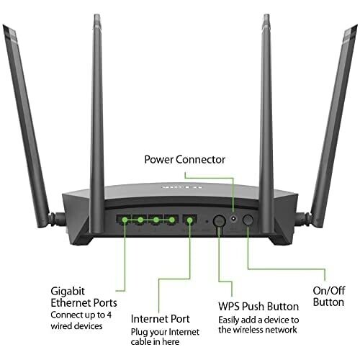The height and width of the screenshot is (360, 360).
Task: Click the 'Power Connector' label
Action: [185, 159]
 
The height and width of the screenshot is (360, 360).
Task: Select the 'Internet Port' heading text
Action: [159, 318]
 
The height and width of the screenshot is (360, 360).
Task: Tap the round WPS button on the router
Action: [217, 221]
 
